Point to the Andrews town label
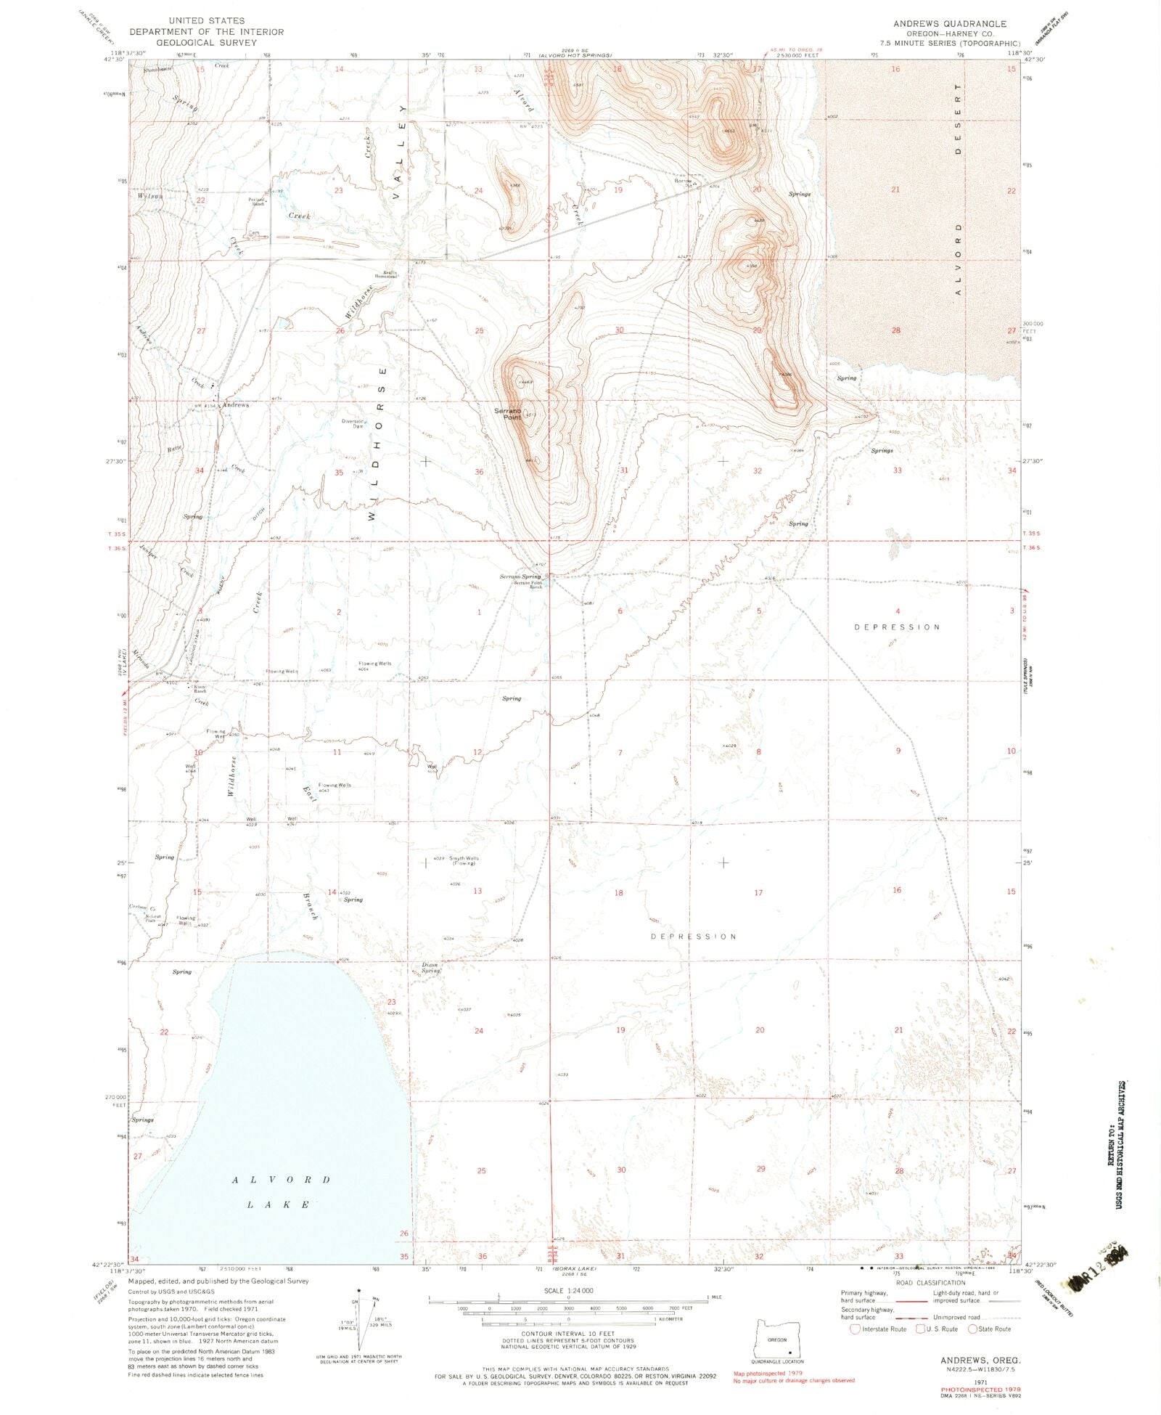click(236, 404)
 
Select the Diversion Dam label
click(353, 423)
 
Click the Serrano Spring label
click(520, 577)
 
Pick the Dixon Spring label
click(432, 967)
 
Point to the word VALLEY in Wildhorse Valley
click(397, 160)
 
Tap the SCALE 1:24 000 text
click(568, 1290)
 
